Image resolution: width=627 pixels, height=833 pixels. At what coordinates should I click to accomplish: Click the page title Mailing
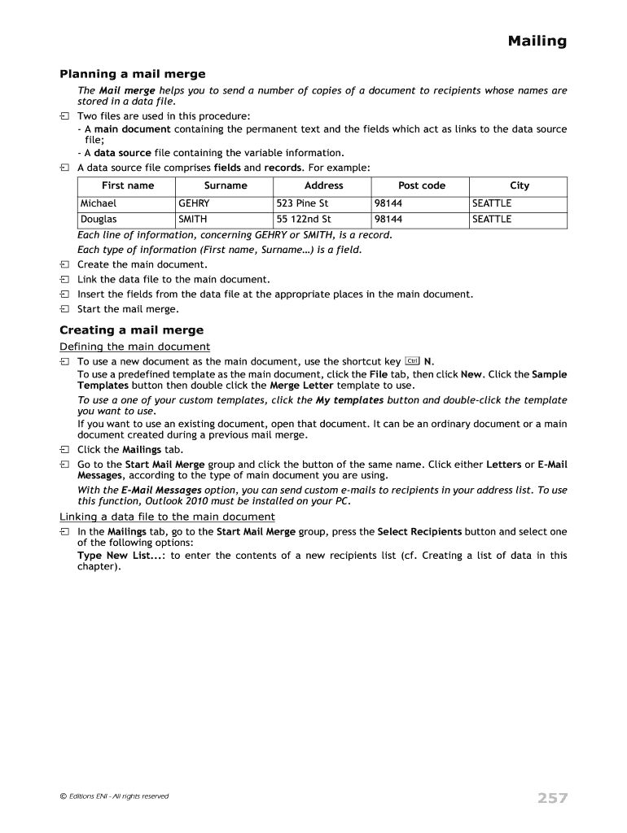537,41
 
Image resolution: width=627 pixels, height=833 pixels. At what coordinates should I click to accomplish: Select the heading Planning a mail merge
132,74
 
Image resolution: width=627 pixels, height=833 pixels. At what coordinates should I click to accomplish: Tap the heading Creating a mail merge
131,330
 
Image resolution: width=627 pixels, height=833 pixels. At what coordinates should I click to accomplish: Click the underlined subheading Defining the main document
134,347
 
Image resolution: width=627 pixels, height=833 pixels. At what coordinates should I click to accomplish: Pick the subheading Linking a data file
167,517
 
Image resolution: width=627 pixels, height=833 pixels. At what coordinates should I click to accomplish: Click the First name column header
127,185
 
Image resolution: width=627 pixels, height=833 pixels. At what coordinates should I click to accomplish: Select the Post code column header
421,185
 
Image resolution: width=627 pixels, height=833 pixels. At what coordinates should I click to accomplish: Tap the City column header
519,185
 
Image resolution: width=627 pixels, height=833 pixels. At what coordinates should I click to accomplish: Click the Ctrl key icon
412,360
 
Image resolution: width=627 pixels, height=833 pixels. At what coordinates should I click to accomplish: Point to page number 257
551,798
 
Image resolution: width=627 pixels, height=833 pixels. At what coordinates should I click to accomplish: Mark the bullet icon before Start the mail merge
64,309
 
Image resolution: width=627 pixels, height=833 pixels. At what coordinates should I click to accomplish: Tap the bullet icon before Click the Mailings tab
64,450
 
